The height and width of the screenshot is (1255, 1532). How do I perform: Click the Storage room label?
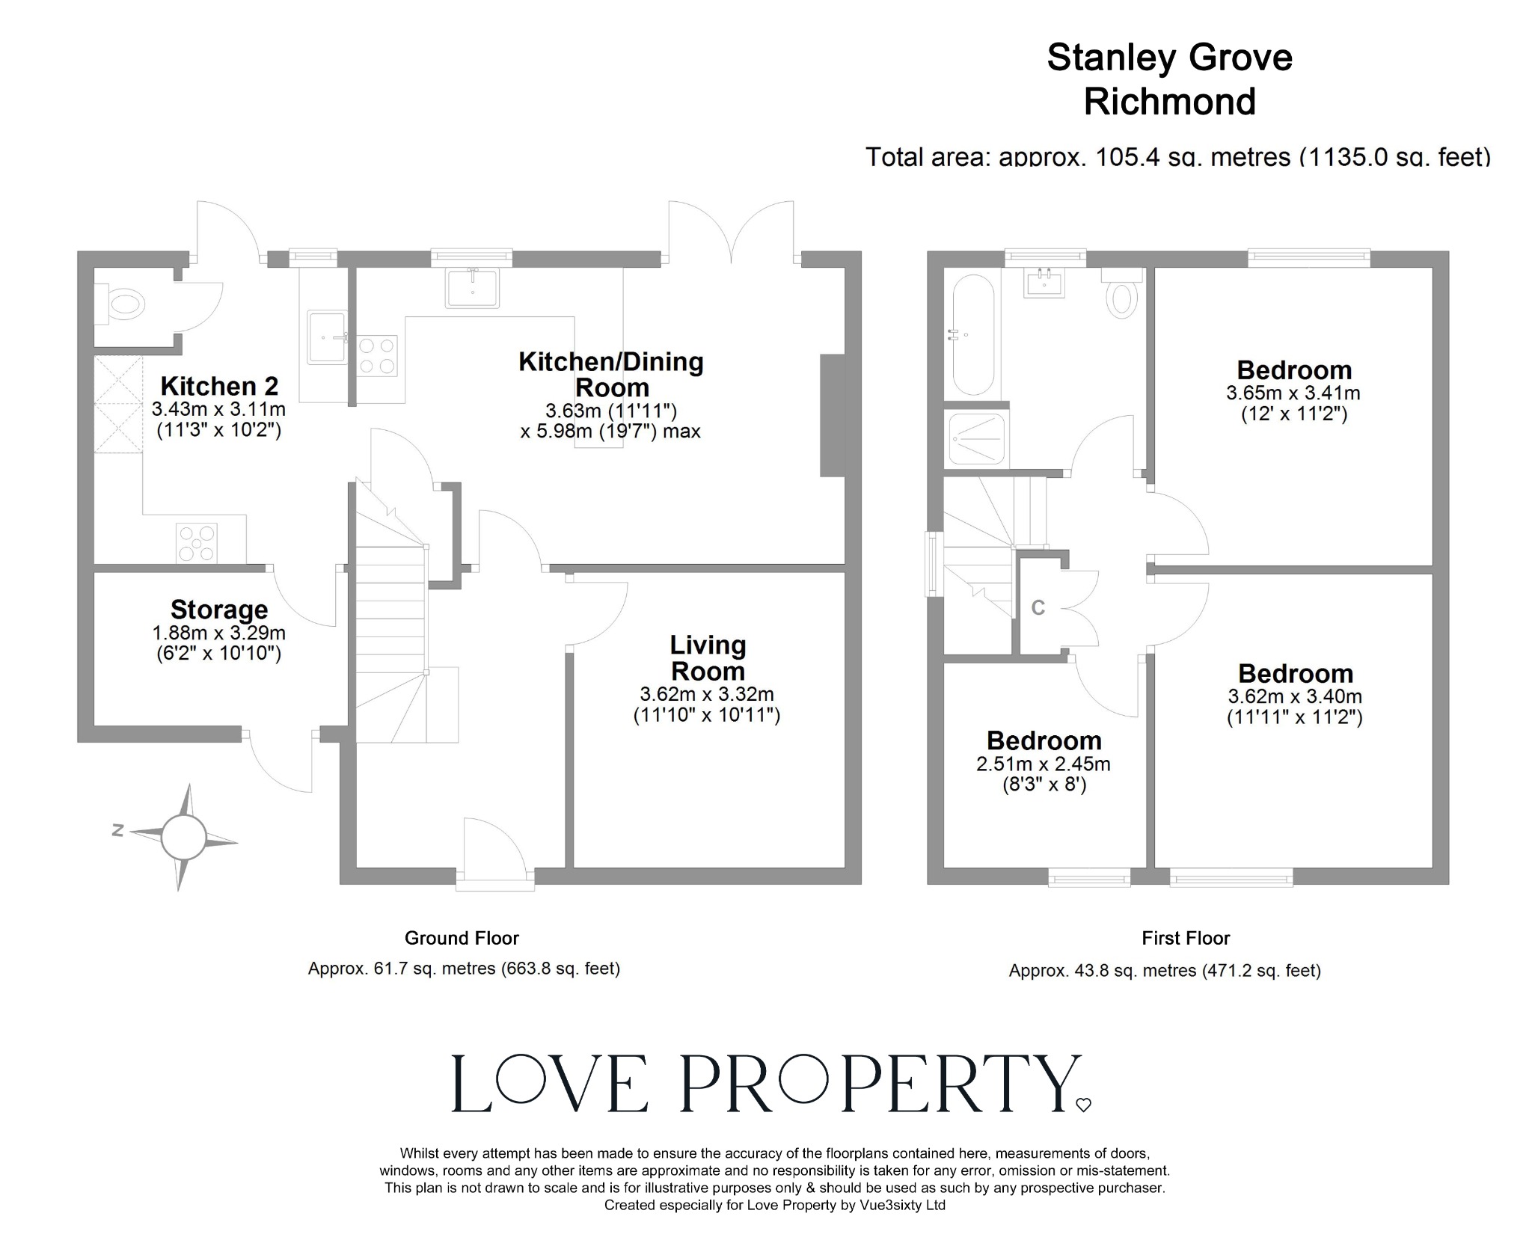click(218, 610)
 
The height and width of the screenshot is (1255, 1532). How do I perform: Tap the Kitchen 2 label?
click(219, 386)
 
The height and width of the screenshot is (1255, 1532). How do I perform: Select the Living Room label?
click(707, 657)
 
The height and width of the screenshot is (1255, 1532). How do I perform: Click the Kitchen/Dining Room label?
click(611, 374)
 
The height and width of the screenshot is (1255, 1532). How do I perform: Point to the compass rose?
click(183, 838)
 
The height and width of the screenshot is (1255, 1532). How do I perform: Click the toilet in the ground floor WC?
click(124, 304)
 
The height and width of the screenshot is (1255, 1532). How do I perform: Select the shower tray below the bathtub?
click(976, 441)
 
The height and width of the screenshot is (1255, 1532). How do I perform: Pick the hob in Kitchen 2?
click(197, 543)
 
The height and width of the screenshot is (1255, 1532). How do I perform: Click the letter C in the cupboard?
click(1038, 608)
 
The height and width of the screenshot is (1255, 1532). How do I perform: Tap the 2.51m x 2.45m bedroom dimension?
click(1043, 764)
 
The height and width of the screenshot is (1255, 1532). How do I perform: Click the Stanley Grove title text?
click(1169, 58)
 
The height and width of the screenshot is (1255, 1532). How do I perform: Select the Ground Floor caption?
click(462, 938)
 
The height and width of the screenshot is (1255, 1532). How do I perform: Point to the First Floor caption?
click(1186, 938)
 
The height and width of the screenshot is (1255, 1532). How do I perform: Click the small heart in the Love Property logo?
click(1082, 1105)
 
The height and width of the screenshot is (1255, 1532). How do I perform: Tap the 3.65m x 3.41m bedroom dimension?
click(1293, 393)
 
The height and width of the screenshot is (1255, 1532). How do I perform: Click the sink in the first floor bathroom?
click(1046, 283)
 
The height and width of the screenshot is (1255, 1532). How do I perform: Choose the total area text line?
click(1177, 157)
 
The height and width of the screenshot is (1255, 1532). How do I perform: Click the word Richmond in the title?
click(1169, 102)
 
